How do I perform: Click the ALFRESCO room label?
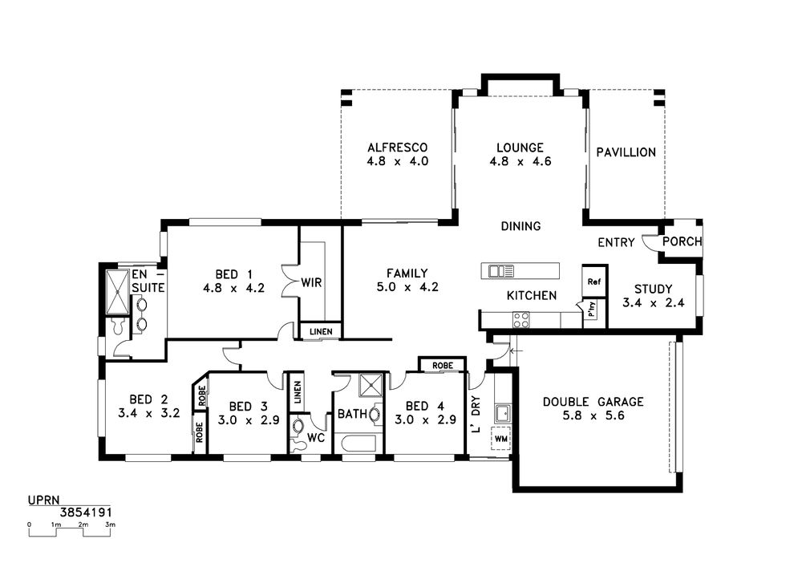click(x=398, y=148)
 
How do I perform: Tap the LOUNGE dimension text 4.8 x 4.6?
click(x=520, y=161)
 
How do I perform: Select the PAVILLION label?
click(x=626, y=152)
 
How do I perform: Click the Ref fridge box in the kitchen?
click(x=593, y=281)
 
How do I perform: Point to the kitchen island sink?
click(x=501, y=271)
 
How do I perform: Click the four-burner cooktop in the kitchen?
click(x=521, y=320)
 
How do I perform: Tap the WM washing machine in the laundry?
click(x=501, y=439)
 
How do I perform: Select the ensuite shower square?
click(x=118, y=292)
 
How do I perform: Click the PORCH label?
click(x=683, y=241)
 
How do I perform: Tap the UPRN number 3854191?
click(x=86, y=512)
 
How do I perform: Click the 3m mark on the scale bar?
click(x=110, y=524)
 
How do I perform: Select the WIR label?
click(x=311, y=282)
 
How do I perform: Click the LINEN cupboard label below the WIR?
click(x=321, y=331)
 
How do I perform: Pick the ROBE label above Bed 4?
click(x=443, y=366)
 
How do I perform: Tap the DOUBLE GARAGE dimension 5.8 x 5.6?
click(x=593, y=415)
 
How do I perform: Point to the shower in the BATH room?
click(x=371, y=385)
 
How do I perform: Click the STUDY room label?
click(x=653, y=289)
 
